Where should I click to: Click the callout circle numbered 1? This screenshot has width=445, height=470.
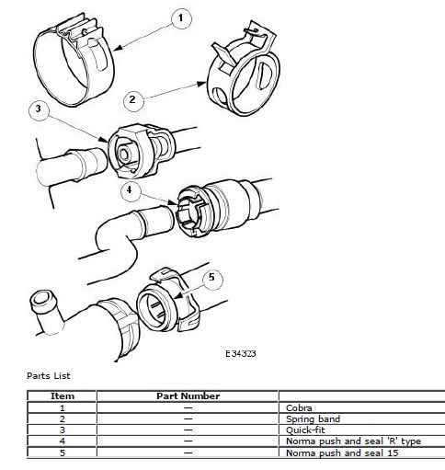pyautogui.click(x=181, y=18)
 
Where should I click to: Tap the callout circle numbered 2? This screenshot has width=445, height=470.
pyautogui.click(x=133, y=100)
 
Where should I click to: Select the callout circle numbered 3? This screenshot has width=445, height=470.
pyautogui.click(x=39, y=109)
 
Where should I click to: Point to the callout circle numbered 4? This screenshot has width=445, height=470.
pyautogui.click(x=131, y=191)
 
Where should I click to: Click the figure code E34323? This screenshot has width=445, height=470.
pyautogui.click(x=241, y=353)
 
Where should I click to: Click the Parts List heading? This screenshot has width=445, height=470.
pyautogui.click(x=49, y=376)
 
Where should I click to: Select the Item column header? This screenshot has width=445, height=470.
pyautogui.click(x=63, y=395)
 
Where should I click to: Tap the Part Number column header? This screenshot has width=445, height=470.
pyautogui.click(x=188, y=395)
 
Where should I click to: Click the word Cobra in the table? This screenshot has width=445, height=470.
pyautogui.click(x=299, y=407)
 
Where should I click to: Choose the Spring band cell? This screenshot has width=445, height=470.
pyautogui.click(x=313, y=419)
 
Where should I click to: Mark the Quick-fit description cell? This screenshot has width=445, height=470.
pyautogui.click(x=305, y=430)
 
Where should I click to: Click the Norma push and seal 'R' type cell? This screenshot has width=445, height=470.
pyautogui.click(x=353, y=441)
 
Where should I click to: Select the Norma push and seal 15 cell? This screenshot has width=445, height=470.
pyautogui.click(x=342, y=453)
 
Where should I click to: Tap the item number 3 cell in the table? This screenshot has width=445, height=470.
pyautogui.click(x=63, y=430)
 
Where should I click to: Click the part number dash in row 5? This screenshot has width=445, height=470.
pyautogui.click(x=188, y=453)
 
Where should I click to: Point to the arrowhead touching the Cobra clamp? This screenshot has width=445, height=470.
pyautogui.click(x=119, y=48)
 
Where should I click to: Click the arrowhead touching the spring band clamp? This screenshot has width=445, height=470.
pyautogui.click(x=201, y=83)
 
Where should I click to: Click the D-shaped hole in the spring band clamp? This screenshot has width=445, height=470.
pyautogui.click(x=265, y=75)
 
